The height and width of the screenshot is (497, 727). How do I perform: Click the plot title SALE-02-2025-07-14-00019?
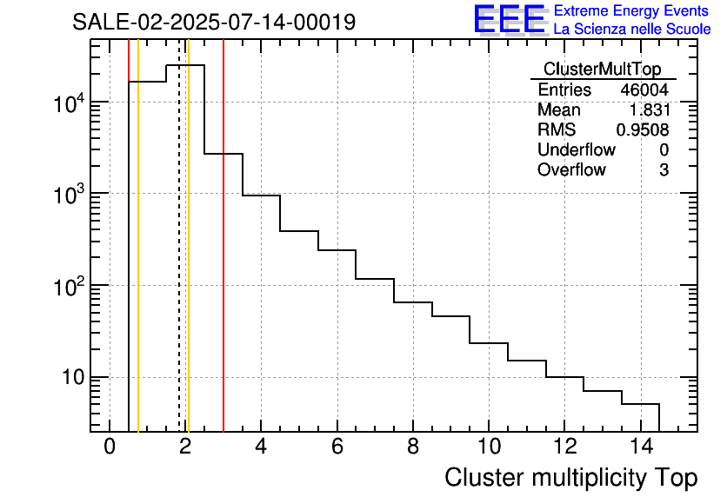pos(214,22)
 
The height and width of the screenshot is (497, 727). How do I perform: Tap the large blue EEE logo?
pos(510,19)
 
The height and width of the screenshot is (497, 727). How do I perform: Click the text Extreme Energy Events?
pos(631,10)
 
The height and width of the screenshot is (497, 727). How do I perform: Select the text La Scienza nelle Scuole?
pos(632,30)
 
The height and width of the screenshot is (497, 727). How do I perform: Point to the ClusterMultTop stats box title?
pos(602,69)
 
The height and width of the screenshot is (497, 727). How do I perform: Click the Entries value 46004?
pos(644,89)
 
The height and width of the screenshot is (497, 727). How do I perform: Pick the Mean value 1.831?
pos(649,109)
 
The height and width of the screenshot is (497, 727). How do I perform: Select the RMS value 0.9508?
pos(643,130)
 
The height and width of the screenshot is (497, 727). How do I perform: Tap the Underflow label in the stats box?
pos(577,150)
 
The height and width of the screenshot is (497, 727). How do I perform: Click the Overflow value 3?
pos(664,170)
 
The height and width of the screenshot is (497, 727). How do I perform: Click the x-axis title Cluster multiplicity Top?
pos(570,478)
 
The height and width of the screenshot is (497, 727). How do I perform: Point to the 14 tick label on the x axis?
pos(641,447)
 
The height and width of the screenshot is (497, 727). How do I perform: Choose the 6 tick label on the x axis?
pos(337,447)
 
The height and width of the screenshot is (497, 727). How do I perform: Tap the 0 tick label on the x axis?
pos(110,447)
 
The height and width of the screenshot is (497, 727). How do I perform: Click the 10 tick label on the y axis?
pos(73,378)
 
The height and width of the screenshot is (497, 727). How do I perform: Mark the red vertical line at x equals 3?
pos(223,235)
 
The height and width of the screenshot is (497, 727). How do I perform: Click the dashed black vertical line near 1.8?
pos(179,235)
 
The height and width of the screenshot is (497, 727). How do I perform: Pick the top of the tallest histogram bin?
pos(185,65)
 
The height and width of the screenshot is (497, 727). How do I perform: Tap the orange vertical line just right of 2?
pos(188,235)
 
